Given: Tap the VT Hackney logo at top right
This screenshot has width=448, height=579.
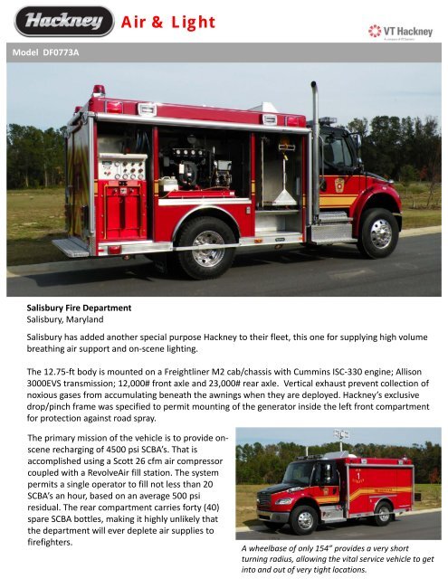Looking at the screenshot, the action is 405,32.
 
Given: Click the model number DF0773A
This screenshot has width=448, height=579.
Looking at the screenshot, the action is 66,52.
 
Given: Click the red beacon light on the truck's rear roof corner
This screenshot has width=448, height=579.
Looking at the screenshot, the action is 98,90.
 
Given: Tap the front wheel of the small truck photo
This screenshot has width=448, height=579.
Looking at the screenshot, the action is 303,519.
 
